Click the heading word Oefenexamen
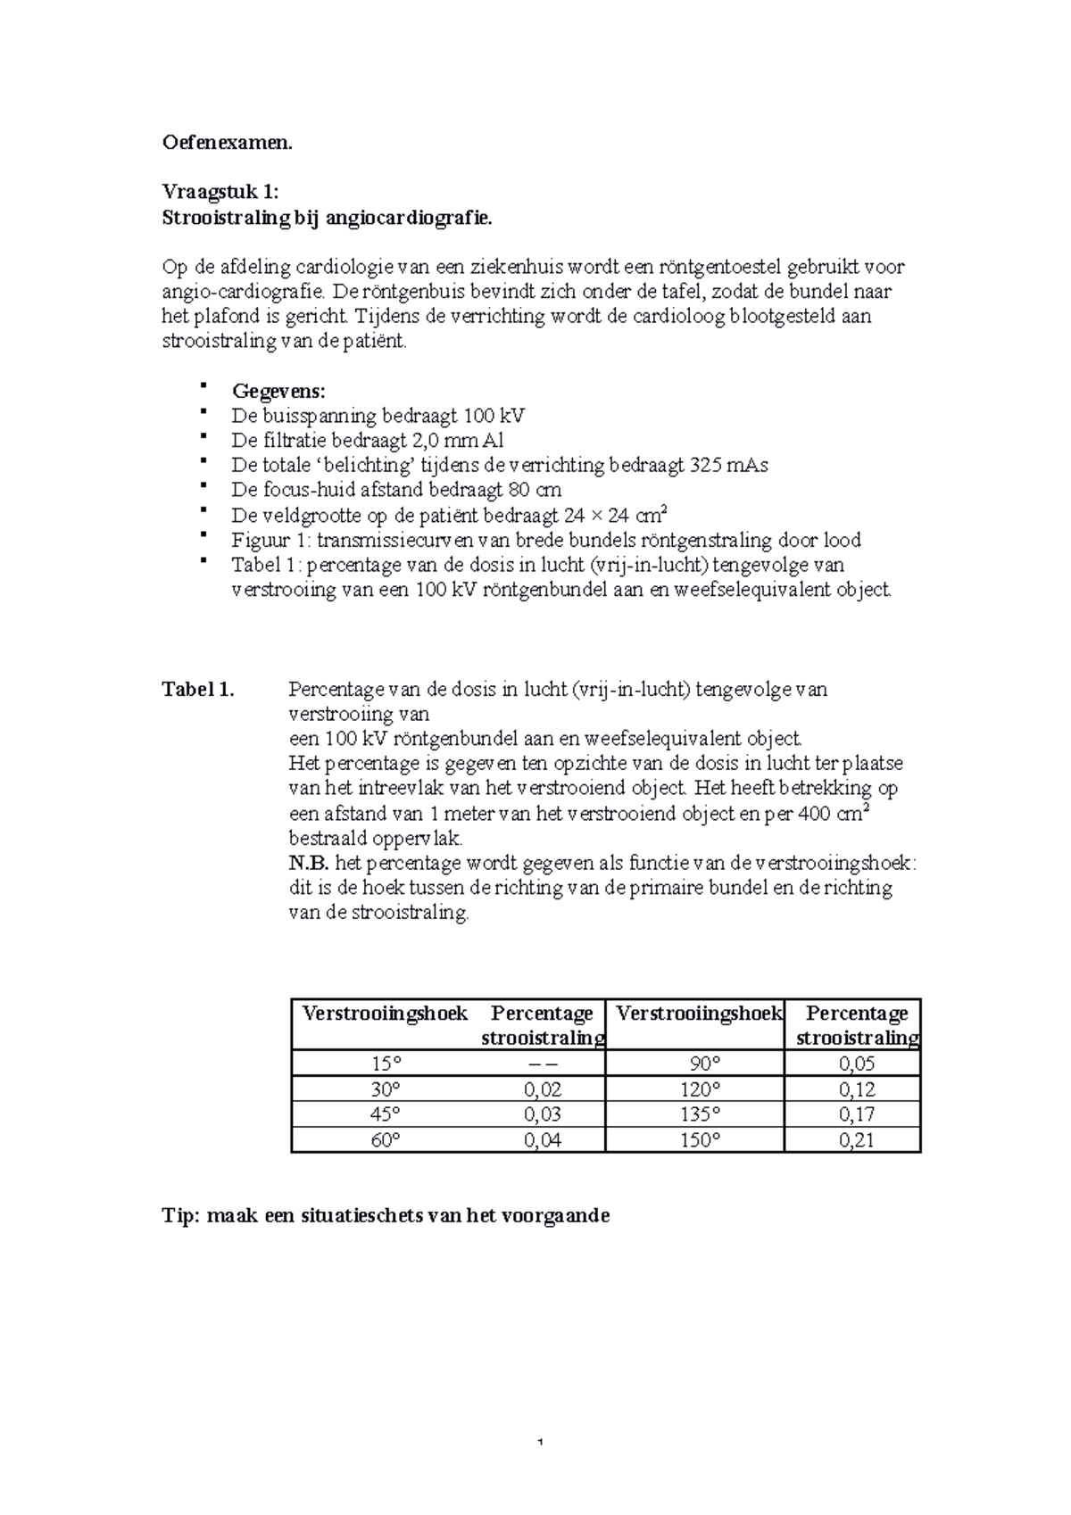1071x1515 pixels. [x=227, y=143]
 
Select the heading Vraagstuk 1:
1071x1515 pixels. [x=220, y=192]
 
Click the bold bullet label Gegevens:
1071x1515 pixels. [x=278, y=391]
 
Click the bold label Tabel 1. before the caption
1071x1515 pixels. [x=197, y=690]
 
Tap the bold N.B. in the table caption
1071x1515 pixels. [x=309, y=864]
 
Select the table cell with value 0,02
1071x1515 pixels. [x=542, y=1089]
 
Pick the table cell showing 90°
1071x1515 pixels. [x=705, y=1064]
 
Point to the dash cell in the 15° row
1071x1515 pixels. [x=542, y=1064]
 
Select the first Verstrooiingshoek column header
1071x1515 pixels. [x=385, y=1014]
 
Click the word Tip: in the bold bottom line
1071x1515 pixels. [x=180, y=1215]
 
